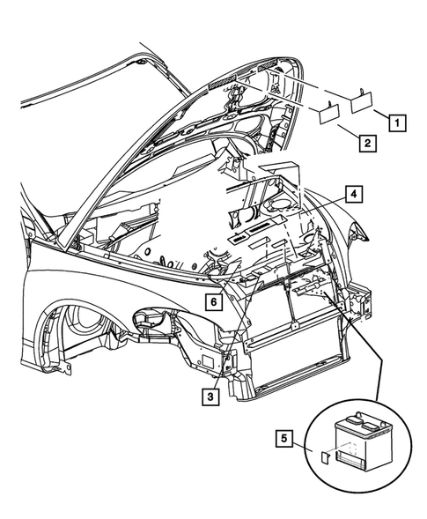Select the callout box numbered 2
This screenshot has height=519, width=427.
tap(368, 141)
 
